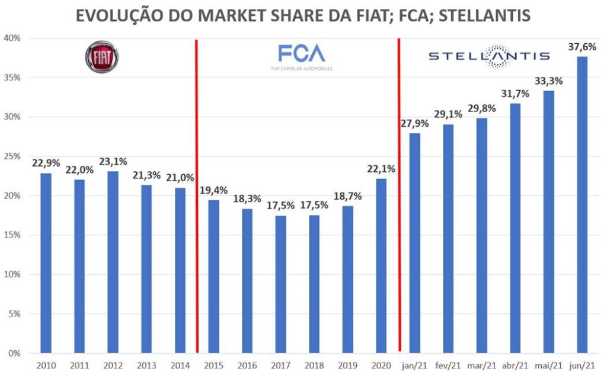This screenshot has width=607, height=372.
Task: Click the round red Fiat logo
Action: [102, 57]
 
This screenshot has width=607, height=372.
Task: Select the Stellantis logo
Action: [489, 56]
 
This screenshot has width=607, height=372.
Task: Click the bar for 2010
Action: [46, 263]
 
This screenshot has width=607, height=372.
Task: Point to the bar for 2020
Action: [381, 266]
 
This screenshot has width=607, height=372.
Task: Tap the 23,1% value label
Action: [113, 162]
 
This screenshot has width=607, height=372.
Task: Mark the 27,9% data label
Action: [414, 124]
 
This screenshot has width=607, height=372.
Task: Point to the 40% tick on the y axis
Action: [12, 39]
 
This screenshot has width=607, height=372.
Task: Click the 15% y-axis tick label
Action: [12, 235]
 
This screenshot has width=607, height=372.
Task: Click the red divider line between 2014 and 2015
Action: [196, 195]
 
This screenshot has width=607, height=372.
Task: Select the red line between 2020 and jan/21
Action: [398, 195]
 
